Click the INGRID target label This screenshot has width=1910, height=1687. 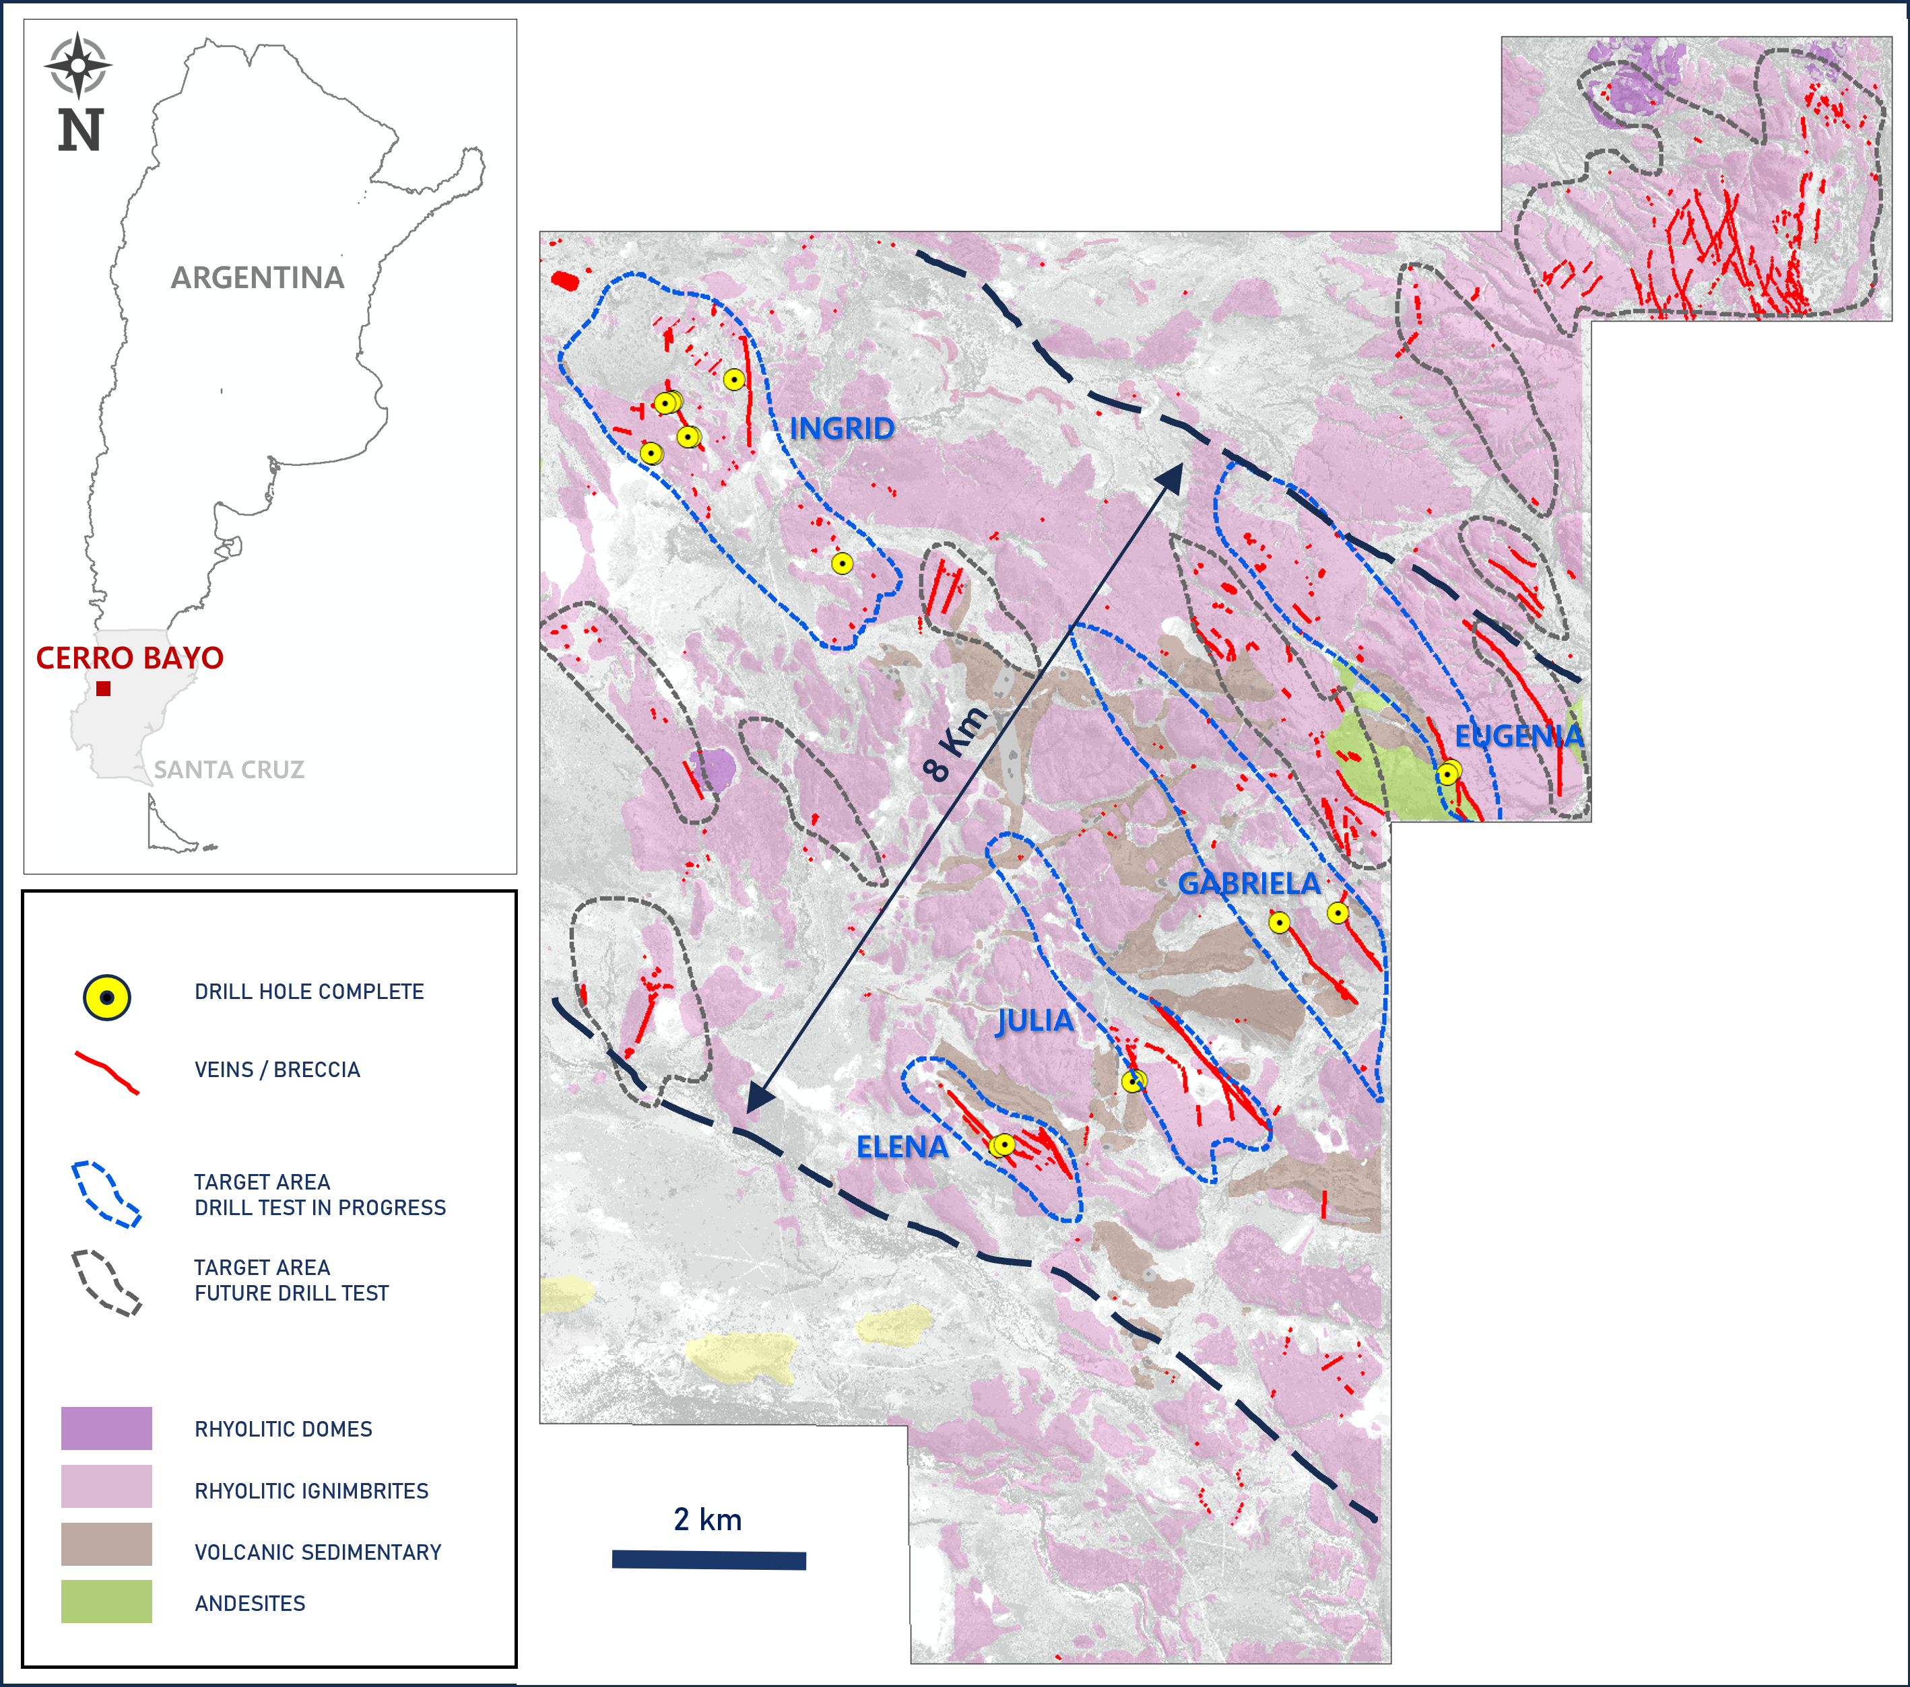tap(842, 428)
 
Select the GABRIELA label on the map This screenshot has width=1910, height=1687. tap(1249, 883)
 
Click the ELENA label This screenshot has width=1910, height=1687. tap(902, 1147)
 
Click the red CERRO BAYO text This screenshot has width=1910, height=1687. tap(130, 658)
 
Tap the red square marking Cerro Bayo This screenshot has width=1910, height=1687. tap(104, 689)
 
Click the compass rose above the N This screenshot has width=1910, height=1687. tap(79, 65)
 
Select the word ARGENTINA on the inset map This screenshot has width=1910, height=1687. tap(257, 277)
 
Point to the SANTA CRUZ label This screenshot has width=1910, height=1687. tap(229, 769)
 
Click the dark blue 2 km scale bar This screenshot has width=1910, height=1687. tap(709, 1560)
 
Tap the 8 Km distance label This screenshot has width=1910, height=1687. tap(953, 745)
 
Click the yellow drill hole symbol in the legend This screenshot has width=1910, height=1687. tap(106, 998)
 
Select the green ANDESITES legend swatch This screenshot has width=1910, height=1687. tap(106, 1601)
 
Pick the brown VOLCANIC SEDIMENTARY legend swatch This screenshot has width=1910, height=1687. tap(106, 1544)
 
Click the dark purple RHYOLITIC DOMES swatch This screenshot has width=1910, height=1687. tap(106, 1428)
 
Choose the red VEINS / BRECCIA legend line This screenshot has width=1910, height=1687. tap(106, 1072)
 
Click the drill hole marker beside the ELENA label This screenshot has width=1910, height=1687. tap(1003, 1144)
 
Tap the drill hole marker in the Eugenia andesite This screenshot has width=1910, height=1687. tap(1447, 774)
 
